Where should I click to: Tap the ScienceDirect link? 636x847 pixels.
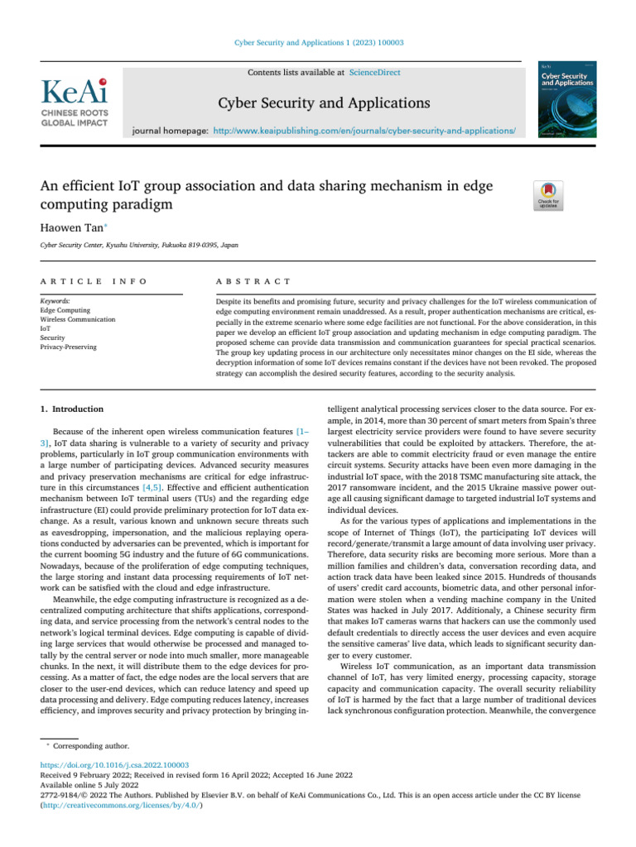pyautogui.click(x=375, y=73)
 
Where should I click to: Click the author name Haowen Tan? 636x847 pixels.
pyautogui.click(x=71, y=224)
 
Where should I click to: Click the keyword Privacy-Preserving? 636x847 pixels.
pyautogui.click(x=68, y=347)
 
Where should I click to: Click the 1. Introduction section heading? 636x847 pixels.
pyautogui.click(x=72, y=409)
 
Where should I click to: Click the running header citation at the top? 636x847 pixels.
pyautogui.click(x=317, y=42)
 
